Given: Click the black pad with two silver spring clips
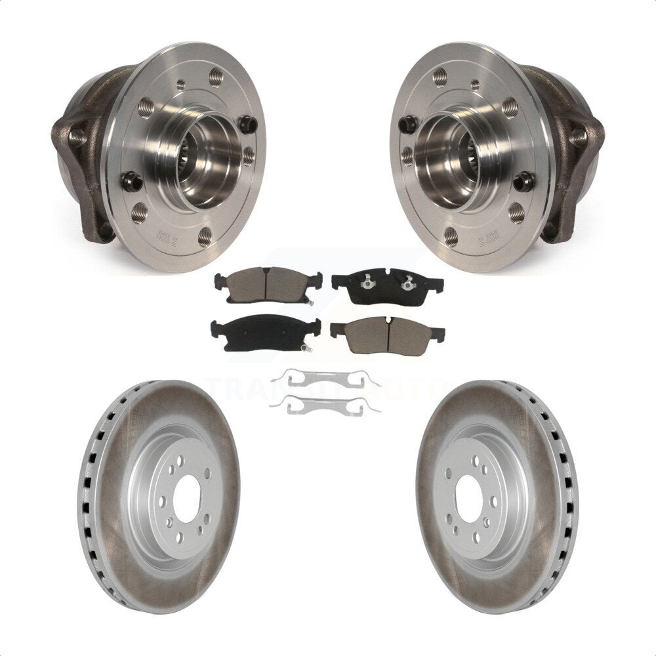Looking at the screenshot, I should click(387, 285).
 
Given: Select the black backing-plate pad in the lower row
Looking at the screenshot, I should click(265, 333).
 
